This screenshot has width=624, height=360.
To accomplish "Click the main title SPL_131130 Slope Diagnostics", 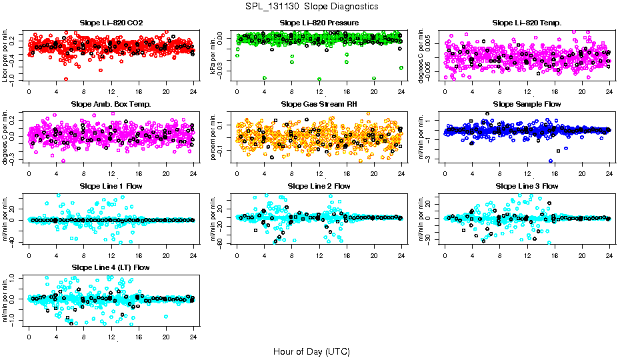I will [312, 6].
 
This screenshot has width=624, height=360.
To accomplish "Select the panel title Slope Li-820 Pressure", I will [319, 23].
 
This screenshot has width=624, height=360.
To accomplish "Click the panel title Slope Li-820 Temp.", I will [527, 23].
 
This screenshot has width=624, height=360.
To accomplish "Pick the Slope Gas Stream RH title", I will [319, 104].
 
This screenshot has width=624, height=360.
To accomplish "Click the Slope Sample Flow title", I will [527, 104].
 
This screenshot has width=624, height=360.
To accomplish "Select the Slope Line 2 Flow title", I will [319, 186].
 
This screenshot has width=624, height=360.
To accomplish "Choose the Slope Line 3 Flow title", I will [527, 186].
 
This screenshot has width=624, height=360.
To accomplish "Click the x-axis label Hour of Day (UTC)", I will [311, 351].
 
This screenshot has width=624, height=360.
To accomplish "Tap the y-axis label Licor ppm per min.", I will [5, 55].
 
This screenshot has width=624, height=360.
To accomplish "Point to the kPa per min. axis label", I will [213, 55].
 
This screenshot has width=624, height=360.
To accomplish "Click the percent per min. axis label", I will [213, 137].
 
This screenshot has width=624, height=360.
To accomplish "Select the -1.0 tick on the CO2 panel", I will [15, 79].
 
